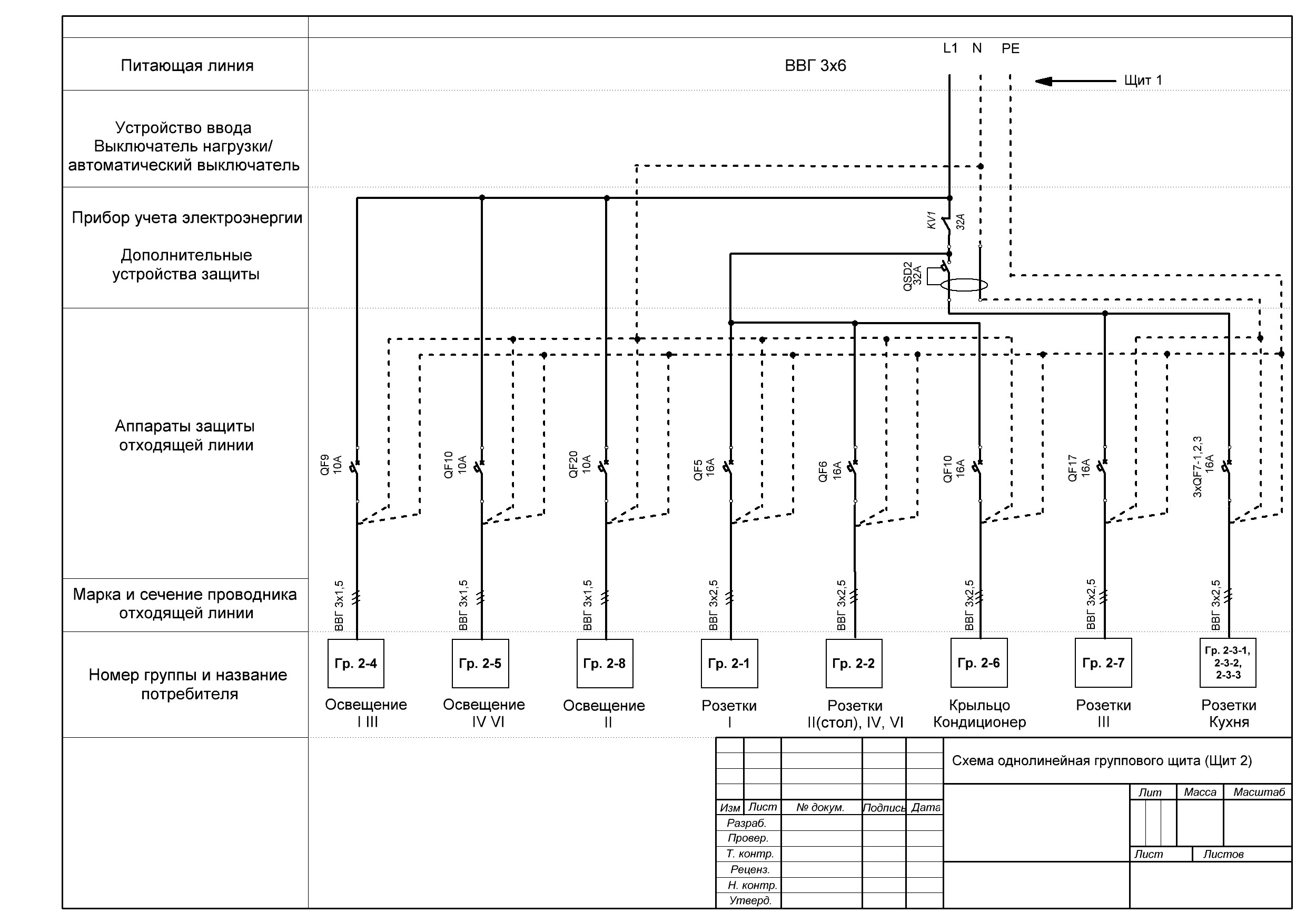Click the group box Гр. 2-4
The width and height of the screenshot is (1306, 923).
pos(355,663)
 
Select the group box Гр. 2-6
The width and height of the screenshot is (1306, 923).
pos(979,663)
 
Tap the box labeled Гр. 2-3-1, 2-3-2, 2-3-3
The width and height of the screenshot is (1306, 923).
pos(1228,663)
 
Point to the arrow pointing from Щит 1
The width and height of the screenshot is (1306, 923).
pos(1075,81)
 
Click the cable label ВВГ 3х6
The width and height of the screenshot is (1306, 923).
pos(815,66)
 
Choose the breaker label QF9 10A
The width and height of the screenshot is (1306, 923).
pos(331,464)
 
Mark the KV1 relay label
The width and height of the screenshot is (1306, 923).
pos(931,220)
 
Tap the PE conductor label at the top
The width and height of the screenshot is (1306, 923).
pos(1010,49)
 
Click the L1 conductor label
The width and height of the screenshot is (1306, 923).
pos(950,48)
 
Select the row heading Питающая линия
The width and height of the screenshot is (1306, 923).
pos(186,66)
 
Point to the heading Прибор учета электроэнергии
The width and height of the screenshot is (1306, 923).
pos(186,218)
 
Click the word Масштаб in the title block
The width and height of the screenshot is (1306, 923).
pos(1259,792)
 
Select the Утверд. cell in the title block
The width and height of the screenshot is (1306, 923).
pos(750,900)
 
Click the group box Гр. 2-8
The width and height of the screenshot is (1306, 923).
pos(605,663)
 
